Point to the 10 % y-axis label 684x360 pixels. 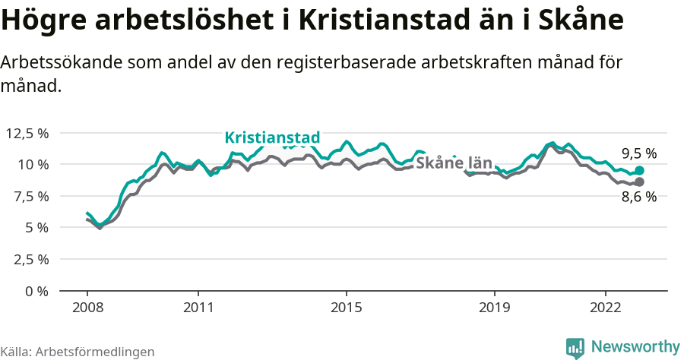[33, 164]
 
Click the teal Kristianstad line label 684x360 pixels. [272, 137]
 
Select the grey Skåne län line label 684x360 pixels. [454, 163]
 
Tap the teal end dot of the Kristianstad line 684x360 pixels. [639, 171]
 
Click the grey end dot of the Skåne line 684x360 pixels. [639, 182]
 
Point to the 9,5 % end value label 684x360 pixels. [638, 153]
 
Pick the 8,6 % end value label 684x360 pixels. [638, 197]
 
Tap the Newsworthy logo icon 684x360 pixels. [575, 348]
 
